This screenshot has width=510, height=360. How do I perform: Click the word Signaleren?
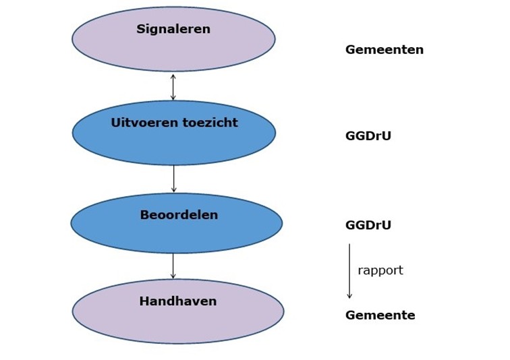[173, 29]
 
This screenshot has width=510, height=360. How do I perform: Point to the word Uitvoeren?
[145, 123]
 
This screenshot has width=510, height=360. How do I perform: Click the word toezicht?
[210, 123]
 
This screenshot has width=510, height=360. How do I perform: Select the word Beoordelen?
[179, 215]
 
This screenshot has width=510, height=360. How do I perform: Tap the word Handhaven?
[178, 301]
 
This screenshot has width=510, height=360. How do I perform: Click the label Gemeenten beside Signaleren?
[385, 50]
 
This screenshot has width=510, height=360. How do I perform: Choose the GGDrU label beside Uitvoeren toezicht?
[368, 136]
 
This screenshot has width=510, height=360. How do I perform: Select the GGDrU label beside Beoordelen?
[368, 225]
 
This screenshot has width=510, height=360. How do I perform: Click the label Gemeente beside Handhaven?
[380, 315]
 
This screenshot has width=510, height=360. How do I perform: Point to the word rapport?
[380, 270]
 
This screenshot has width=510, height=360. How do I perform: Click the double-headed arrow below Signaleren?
[173, 87]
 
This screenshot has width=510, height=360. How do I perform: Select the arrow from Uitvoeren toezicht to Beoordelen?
[173, 179]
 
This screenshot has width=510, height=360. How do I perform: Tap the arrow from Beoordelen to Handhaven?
[173, 266]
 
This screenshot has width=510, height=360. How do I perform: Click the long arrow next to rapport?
[349, 271]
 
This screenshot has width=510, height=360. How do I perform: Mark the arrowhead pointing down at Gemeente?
[349, 296]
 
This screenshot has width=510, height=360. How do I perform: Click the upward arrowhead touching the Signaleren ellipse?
[173, 76]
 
